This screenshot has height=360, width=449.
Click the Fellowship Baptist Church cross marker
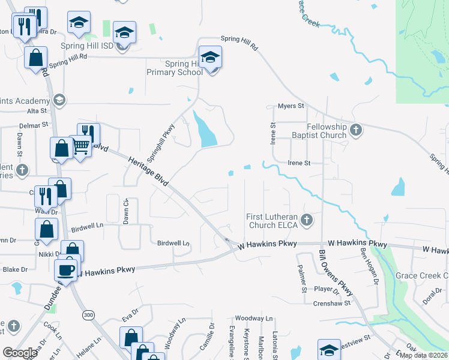click(x=356, y=129)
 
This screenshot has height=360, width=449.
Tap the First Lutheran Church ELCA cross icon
click(x=307, y=220)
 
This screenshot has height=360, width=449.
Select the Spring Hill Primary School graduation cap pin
click(x=210, y=58)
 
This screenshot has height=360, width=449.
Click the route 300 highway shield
click(x=89, y=314)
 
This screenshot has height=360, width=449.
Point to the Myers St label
click(x=291, y=106)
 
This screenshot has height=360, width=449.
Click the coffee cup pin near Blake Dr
click(x=65, y=269)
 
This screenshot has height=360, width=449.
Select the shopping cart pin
click(x=81, y=145)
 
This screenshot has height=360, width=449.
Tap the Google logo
click(x=20, y=353)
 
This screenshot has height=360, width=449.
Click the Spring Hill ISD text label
click(x=87, y=46)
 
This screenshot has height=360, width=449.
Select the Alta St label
click(x=37, y=111)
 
